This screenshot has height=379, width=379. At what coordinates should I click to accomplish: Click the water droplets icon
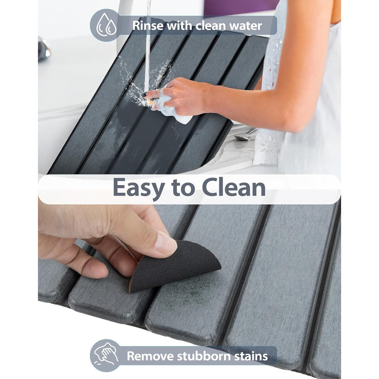point(106,25)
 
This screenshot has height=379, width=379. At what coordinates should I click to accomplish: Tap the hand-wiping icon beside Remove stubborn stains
point(106,355)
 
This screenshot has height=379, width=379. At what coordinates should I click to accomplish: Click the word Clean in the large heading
point(234,187)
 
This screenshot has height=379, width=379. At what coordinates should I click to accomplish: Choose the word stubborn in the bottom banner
point(204,356)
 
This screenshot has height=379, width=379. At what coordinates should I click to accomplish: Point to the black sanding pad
point(175,266)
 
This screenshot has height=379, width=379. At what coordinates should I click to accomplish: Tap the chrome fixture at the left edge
point(44,49)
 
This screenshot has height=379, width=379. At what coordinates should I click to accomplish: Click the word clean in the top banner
point(210,25)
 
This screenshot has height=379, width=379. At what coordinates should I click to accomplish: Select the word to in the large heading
point(183,188)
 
